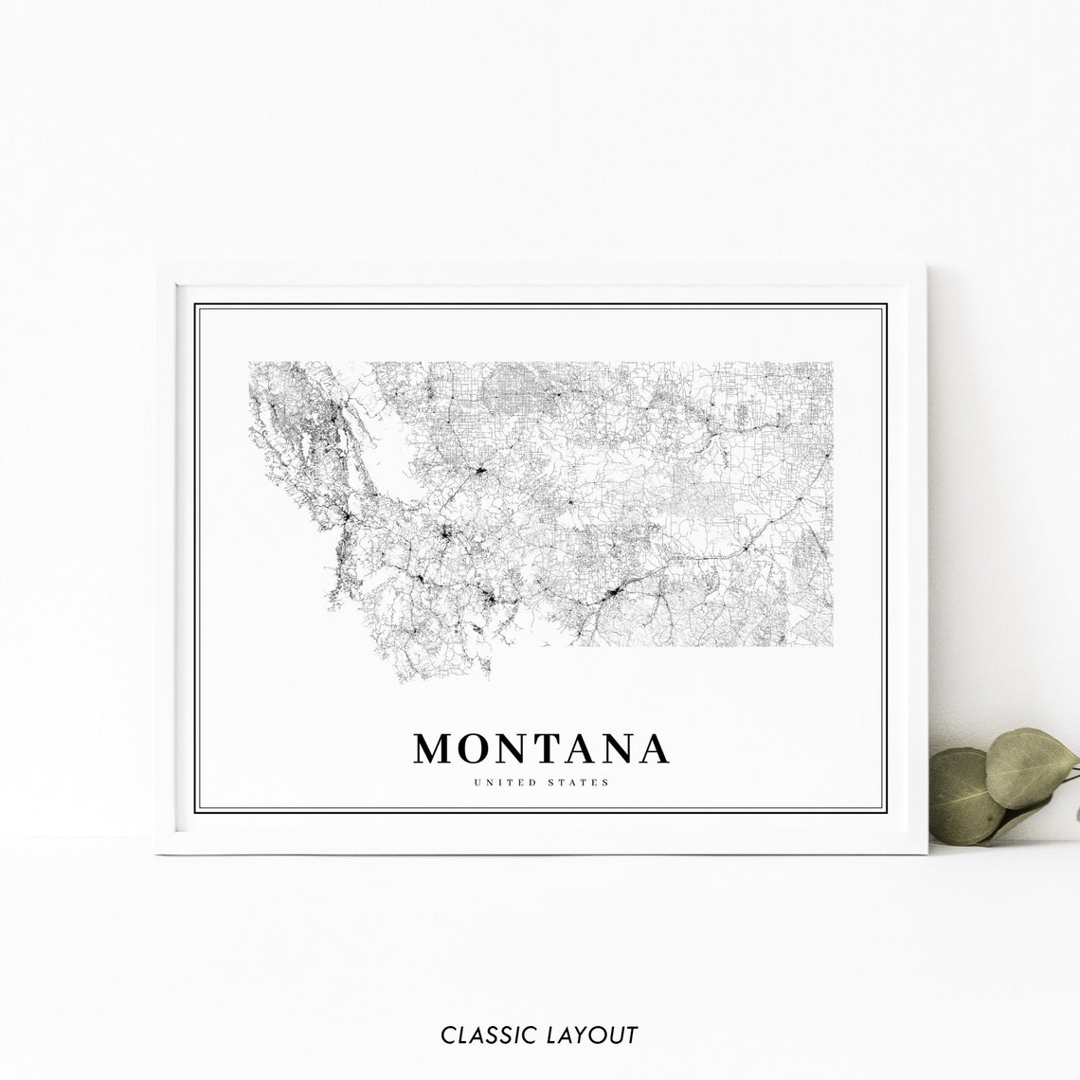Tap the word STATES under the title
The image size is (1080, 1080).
pos(578,783)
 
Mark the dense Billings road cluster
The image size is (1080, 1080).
pos(617,594)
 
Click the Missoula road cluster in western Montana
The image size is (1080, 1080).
pos(347,516)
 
